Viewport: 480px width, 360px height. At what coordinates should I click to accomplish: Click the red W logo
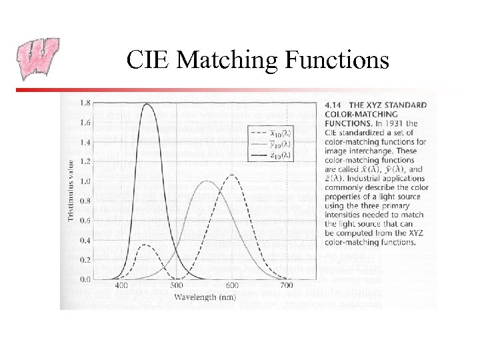[x=37, y=59]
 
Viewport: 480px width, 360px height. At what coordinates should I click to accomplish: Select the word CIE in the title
[x=150, y=61]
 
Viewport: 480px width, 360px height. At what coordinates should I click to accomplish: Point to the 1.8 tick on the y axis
[x=87, y=103]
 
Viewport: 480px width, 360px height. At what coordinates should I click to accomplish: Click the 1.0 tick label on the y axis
[x=87, y=181]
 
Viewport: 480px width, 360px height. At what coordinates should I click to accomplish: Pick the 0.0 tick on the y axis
[x=87, y=279]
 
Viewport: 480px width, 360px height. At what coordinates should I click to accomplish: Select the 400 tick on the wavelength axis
[x=122, y=286]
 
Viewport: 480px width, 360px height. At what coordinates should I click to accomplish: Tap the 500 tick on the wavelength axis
[x=175, y=286]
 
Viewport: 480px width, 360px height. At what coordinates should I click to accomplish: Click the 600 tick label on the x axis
[x=229, y=286]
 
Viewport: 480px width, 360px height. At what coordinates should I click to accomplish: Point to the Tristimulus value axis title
[x=73, y=189]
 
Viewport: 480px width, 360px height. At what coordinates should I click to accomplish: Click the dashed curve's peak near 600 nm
[x=231, y=175]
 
